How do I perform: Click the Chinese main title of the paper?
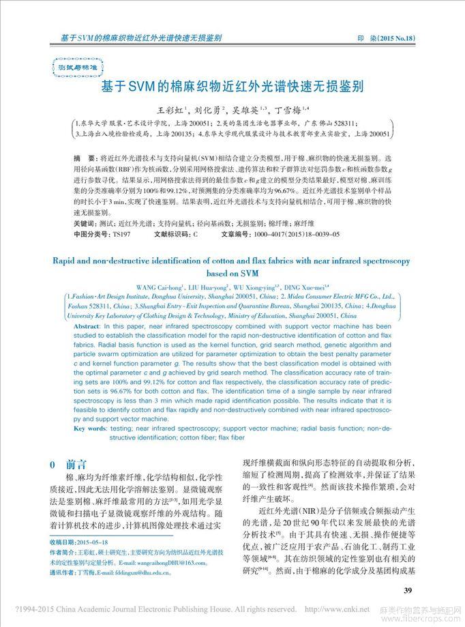pyautogui.click(x=232, y=88)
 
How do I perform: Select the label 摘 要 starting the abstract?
pyautogui.click(x=81, y=158)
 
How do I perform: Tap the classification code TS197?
pyautogui.click(x=121, y=233)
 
